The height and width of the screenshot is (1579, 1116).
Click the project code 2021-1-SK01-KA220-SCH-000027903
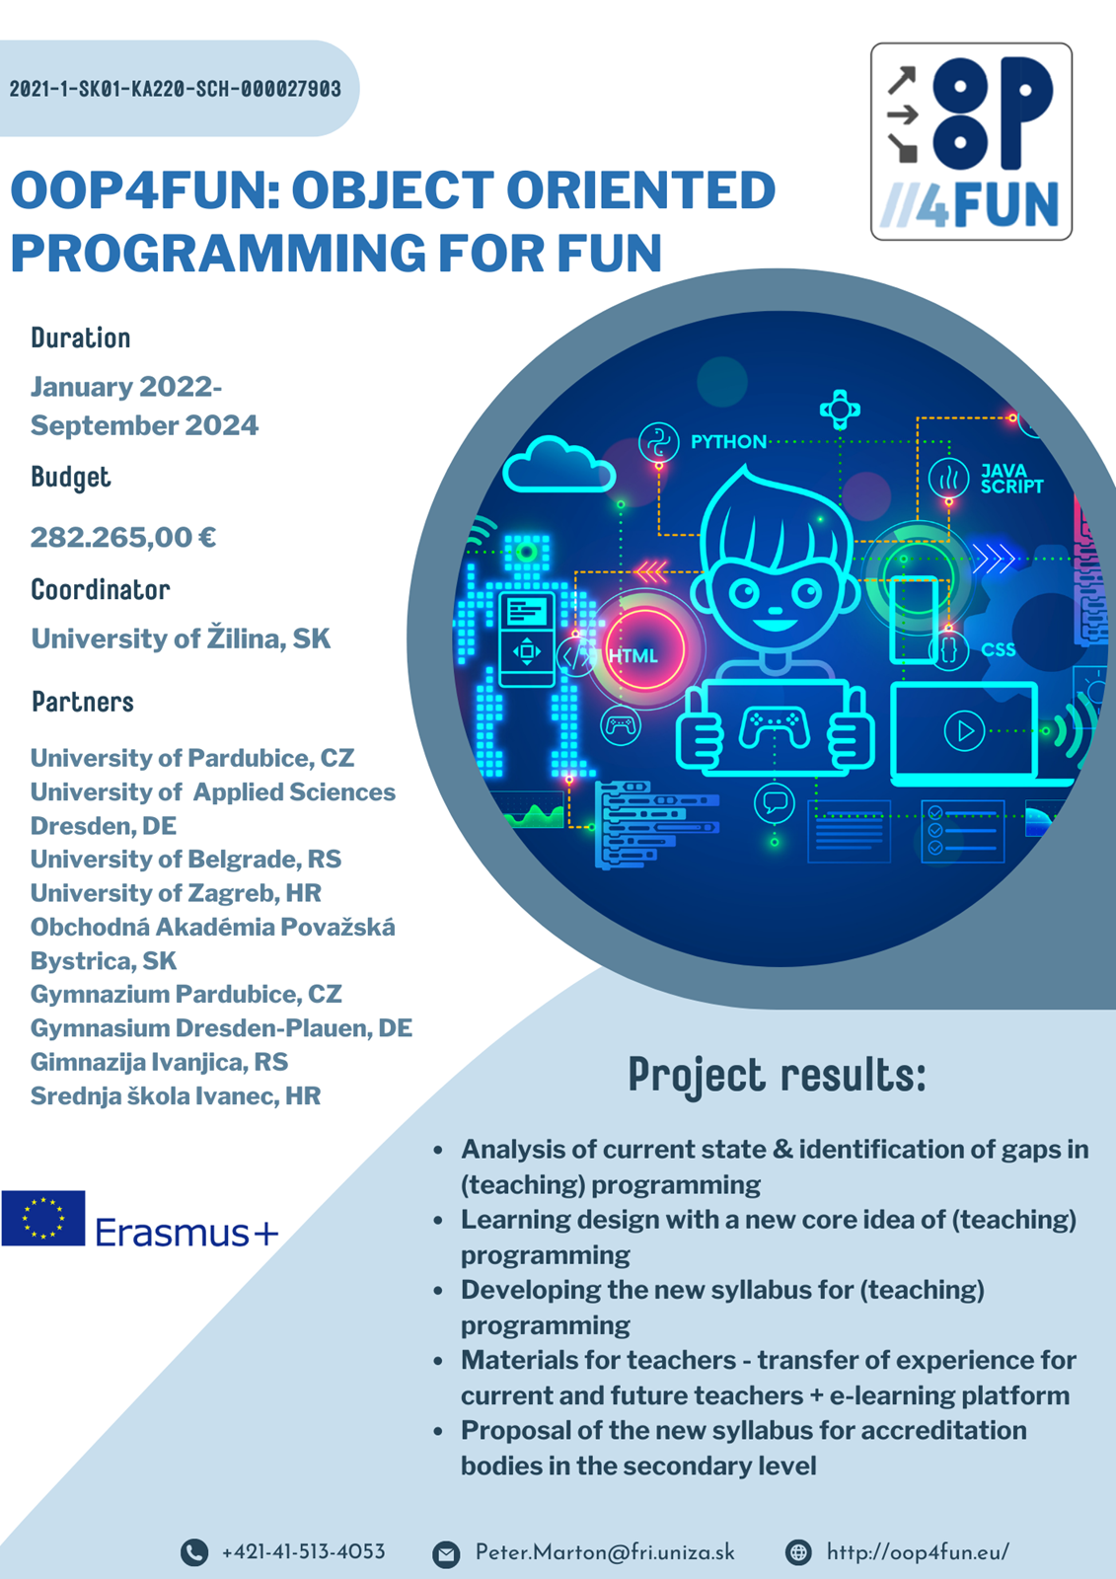(175, 89)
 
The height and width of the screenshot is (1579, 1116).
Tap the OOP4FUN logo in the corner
(971, 141)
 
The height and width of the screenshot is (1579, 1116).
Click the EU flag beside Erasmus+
(43, 1218)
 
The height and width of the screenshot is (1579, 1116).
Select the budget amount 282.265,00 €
(122, 537)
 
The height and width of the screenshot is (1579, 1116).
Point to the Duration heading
(80, 338)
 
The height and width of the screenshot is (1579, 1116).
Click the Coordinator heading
(100, 589)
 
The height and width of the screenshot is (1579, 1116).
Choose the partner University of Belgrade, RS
(186, 860)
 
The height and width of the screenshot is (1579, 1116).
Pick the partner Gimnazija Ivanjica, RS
(159, 1062)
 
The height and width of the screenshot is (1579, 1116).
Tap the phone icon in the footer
(194, 1552)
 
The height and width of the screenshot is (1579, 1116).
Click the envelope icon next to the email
(446, 1553)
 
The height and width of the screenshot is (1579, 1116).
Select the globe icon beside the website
(798, 1552)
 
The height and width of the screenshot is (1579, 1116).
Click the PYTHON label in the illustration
(728, 442)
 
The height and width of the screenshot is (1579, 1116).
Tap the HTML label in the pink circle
(633, 656)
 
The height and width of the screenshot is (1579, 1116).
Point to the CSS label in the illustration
(999, 649)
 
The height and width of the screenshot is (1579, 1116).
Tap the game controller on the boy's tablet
(774, 727)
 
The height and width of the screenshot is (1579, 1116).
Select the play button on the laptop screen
(964, 731)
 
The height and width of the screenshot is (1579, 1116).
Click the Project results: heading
(777, 1076)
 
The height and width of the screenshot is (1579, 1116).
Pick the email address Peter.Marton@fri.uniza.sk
(605, 1552)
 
